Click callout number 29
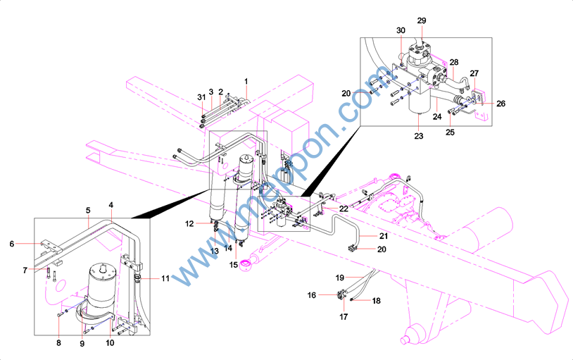point(422,20)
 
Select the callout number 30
point(401,30)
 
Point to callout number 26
point(500,104)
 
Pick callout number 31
point(201,97)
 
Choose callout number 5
point(88,210)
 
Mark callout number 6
point(12,244)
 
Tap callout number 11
point(165,278)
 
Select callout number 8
point(59,343)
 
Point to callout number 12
point(189,223)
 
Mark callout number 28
point(454,62)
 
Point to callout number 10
point(110,343)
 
